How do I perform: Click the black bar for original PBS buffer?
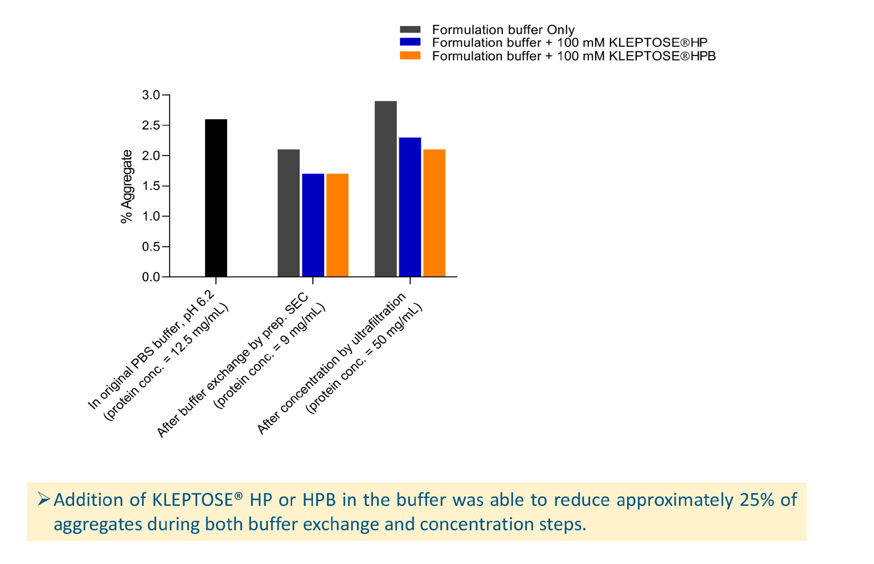pos(216,197)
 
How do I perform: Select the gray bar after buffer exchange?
pos(288,213)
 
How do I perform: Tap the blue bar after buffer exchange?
pos(313,225)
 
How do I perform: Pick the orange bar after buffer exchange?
pos(337,225)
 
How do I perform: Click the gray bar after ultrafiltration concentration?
pos(386,188)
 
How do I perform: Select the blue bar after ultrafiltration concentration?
pos(410,207)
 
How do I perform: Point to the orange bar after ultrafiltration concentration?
pos(434,213)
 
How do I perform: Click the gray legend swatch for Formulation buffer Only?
pos(410,30)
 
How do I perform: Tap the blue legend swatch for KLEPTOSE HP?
pos(410,43)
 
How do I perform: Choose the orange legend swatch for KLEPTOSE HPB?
pos(410,56)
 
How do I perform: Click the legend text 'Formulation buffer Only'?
pos(503,30)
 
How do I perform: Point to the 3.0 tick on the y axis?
pos(151,95)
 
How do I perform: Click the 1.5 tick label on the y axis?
pos(151,186)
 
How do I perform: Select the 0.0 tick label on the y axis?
pos(151,277)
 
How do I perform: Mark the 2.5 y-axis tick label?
pos(151,125)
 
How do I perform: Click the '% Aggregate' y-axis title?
pos(127,186)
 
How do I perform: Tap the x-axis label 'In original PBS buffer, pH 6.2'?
pos(152,350)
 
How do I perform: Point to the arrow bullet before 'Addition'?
pos(43,499)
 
